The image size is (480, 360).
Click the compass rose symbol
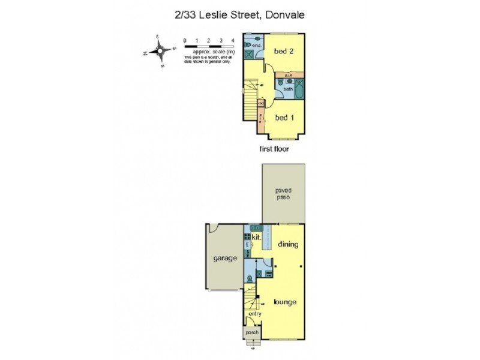click(x=159, y=52)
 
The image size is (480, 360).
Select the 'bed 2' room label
click(x=284, y=52)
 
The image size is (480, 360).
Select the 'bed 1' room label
click(x=284, y=118)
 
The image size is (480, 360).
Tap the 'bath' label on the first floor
click(x=289, y=89)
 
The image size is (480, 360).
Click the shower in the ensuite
click(x=248, y=53)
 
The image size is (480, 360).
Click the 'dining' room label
click(x=289, y=244)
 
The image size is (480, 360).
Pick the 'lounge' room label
click(x=285, y=302)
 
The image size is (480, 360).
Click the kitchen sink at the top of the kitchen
click(x=254, y=228)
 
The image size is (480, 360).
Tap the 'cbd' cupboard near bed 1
click(x=261, y=104)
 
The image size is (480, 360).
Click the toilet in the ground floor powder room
click(x=258, y=273)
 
